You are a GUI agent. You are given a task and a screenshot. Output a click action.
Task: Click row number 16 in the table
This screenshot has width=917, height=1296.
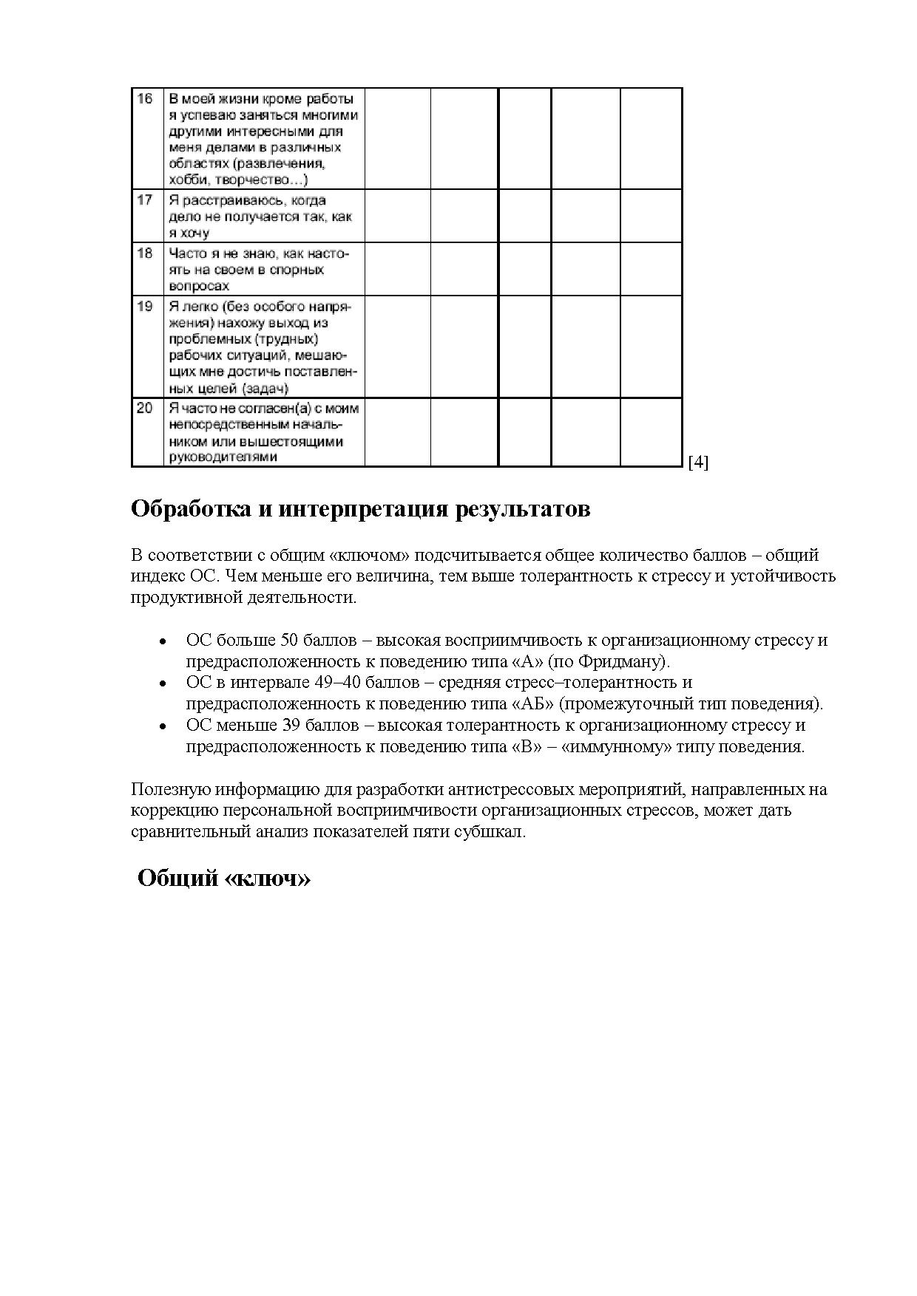[145, 99]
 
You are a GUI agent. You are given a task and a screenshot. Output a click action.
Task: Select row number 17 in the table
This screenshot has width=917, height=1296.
[145, 200]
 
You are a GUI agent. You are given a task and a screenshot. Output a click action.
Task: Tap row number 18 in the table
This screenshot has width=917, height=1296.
[145, 253]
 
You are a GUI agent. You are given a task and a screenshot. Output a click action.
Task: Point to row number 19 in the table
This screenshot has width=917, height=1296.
[145, 306]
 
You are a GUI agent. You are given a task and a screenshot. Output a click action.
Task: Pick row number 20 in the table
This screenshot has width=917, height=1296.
[145, 409]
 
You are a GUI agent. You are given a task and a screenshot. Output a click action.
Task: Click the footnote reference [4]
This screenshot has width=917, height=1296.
[698, 463]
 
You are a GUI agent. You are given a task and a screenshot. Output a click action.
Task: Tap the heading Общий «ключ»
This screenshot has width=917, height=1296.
[224, 879]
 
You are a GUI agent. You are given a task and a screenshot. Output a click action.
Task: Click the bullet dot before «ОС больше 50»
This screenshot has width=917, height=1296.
[162, 641]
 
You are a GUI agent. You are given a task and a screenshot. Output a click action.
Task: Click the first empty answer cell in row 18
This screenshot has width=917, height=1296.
[397, 269]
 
